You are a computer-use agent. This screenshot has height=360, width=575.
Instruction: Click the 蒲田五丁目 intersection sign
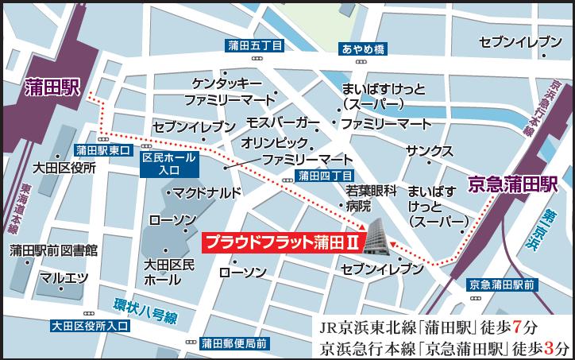254,47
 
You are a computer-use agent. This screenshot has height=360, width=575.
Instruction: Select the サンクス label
429,151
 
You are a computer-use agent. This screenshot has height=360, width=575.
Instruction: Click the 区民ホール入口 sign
167,164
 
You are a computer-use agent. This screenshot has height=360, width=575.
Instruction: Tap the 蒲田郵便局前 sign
233,343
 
